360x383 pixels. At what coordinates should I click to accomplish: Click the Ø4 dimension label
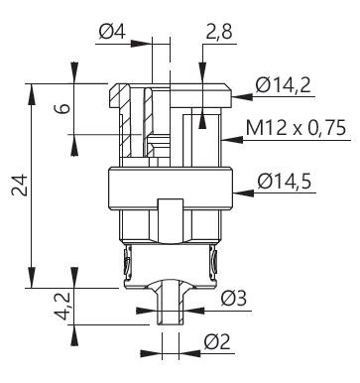coord(112,33)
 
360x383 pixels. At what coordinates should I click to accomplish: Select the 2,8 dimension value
coord(219,32)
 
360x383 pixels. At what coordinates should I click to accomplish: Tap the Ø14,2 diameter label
coord(283,85)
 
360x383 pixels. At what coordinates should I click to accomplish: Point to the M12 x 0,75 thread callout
coord(296,128)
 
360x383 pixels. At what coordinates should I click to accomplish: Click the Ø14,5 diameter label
coord(285,182)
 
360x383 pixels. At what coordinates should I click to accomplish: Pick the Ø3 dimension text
coord(234,299)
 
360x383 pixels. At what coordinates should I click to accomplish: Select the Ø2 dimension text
coord(217,341)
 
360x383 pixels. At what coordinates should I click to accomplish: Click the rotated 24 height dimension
coord(19,185)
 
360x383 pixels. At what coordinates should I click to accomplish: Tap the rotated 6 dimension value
coord(62,108)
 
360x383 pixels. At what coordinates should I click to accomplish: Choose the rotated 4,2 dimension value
coord(62,306)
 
